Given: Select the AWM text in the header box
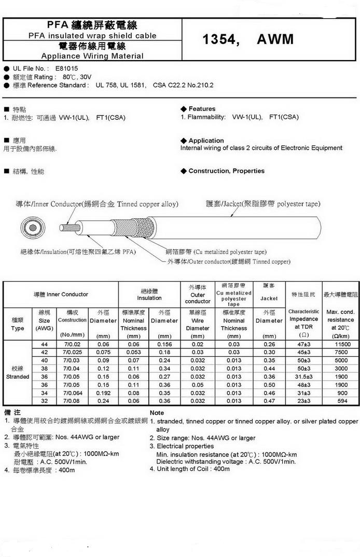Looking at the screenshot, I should point(275,39).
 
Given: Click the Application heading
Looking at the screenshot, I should point(206,141).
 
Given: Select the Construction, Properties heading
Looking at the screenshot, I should point(226,171).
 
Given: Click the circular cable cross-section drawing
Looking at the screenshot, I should point(32,228).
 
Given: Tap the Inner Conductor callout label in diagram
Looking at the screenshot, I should point(97,204).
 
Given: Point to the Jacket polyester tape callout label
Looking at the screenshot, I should point(263,204).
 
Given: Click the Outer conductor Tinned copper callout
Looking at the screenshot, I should point(229,262).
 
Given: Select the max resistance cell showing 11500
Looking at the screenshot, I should point(340,344).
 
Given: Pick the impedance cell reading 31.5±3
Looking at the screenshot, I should point(303,377).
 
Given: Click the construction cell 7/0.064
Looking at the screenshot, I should point(72,393).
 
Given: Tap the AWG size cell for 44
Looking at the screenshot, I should point(44,344).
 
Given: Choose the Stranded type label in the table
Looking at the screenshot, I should point(18,373).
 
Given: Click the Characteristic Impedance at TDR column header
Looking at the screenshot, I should point(303,319).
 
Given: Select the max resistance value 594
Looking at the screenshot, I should point(340,401).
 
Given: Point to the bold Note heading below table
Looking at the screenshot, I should point(157,413).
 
